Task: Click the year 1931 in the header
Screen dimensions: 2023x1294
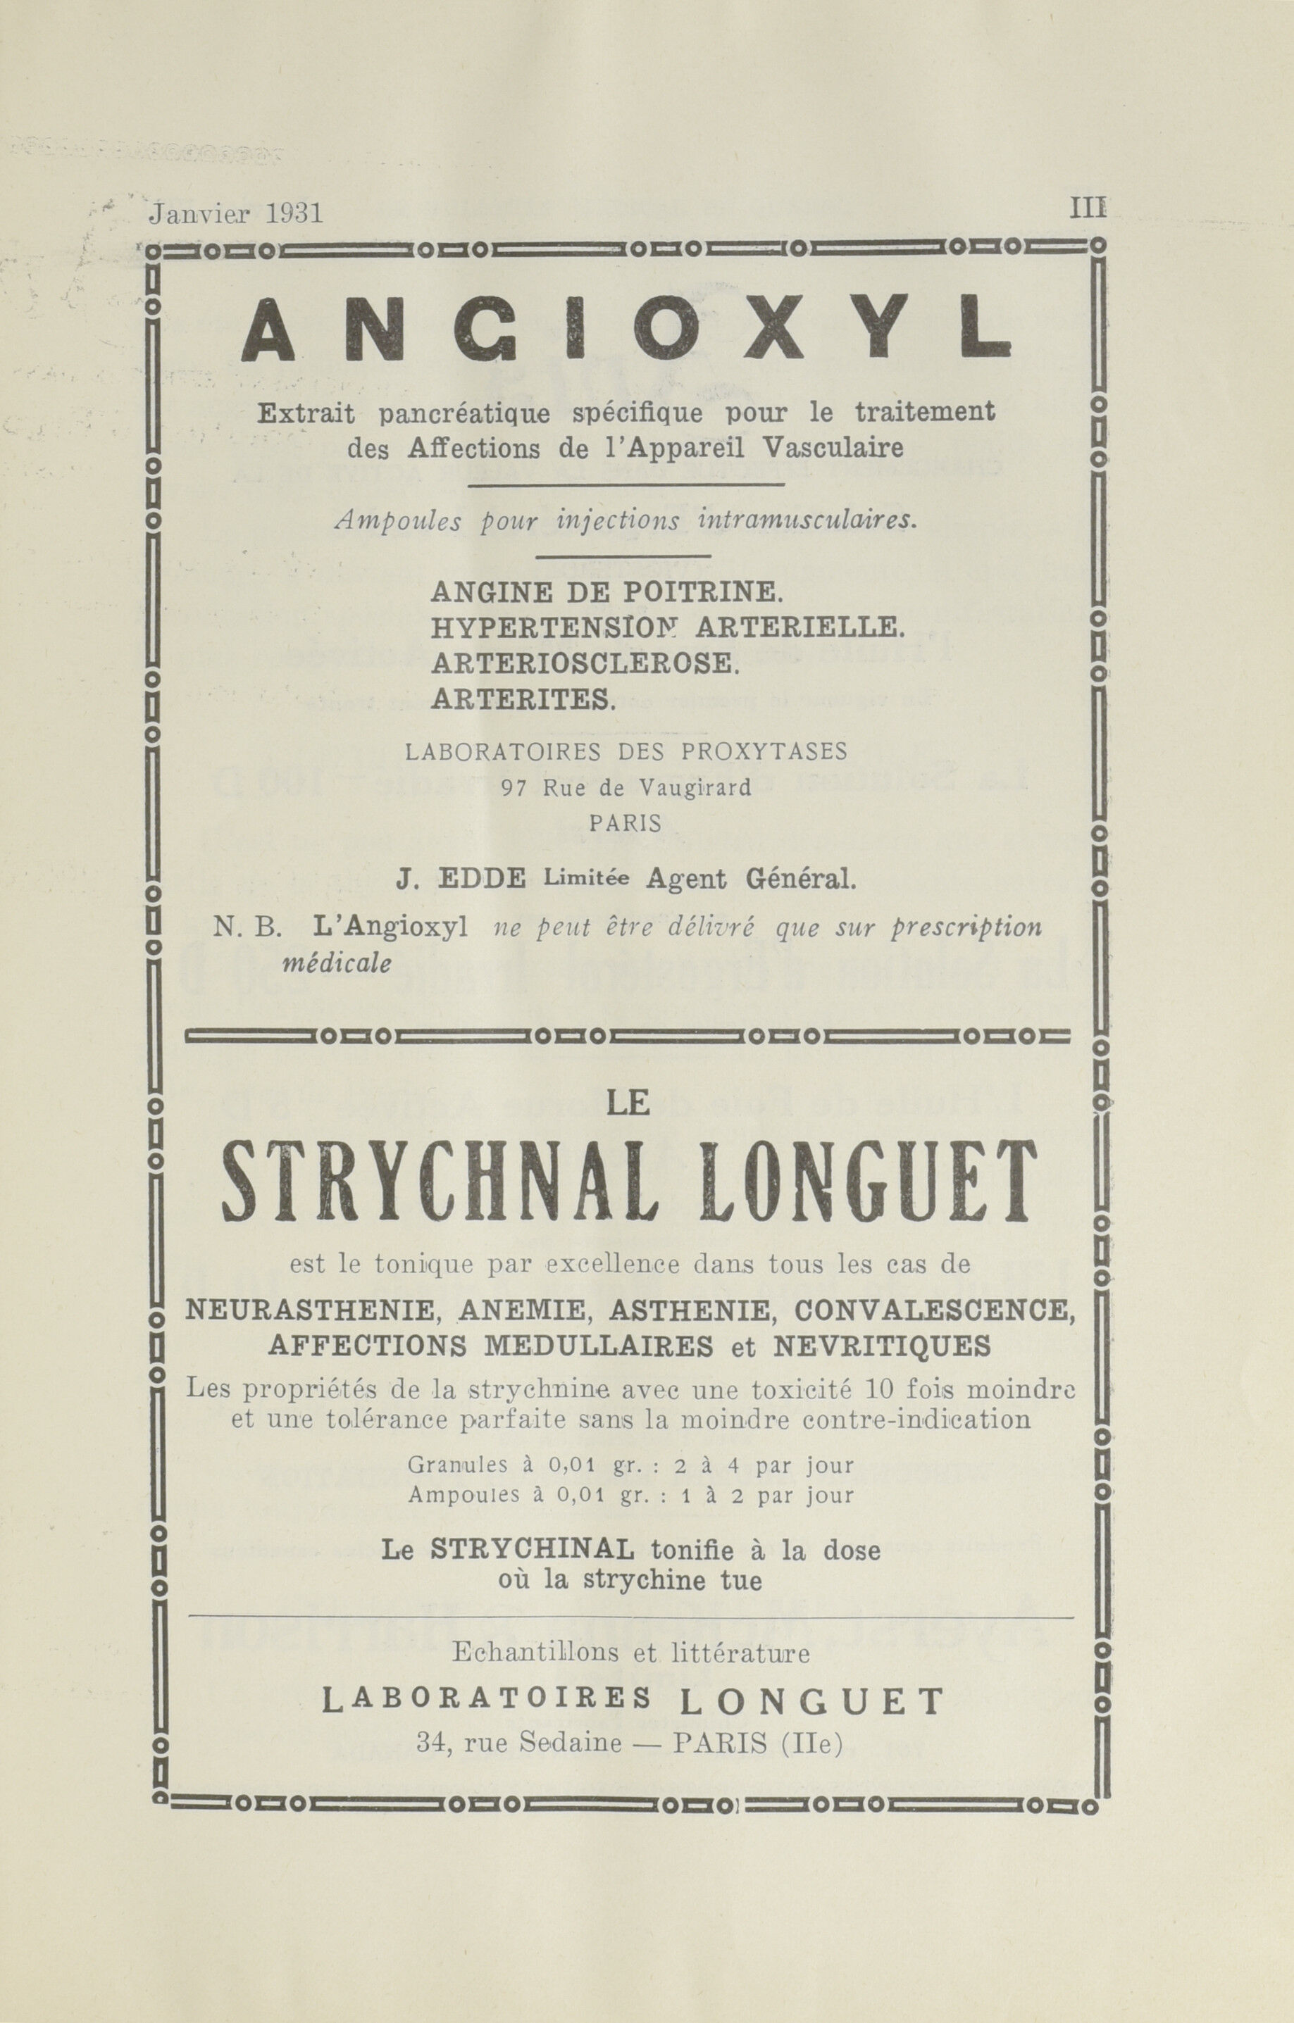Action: tap(294, 214)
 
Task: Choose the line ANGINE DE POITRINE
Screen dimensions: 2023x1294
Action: tap(606, 592)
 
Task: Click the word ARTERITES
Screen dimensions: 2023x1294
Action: tap(523, 698)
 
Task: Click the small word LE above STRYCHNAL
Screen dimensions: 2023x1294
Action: tap(628, 1103)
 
